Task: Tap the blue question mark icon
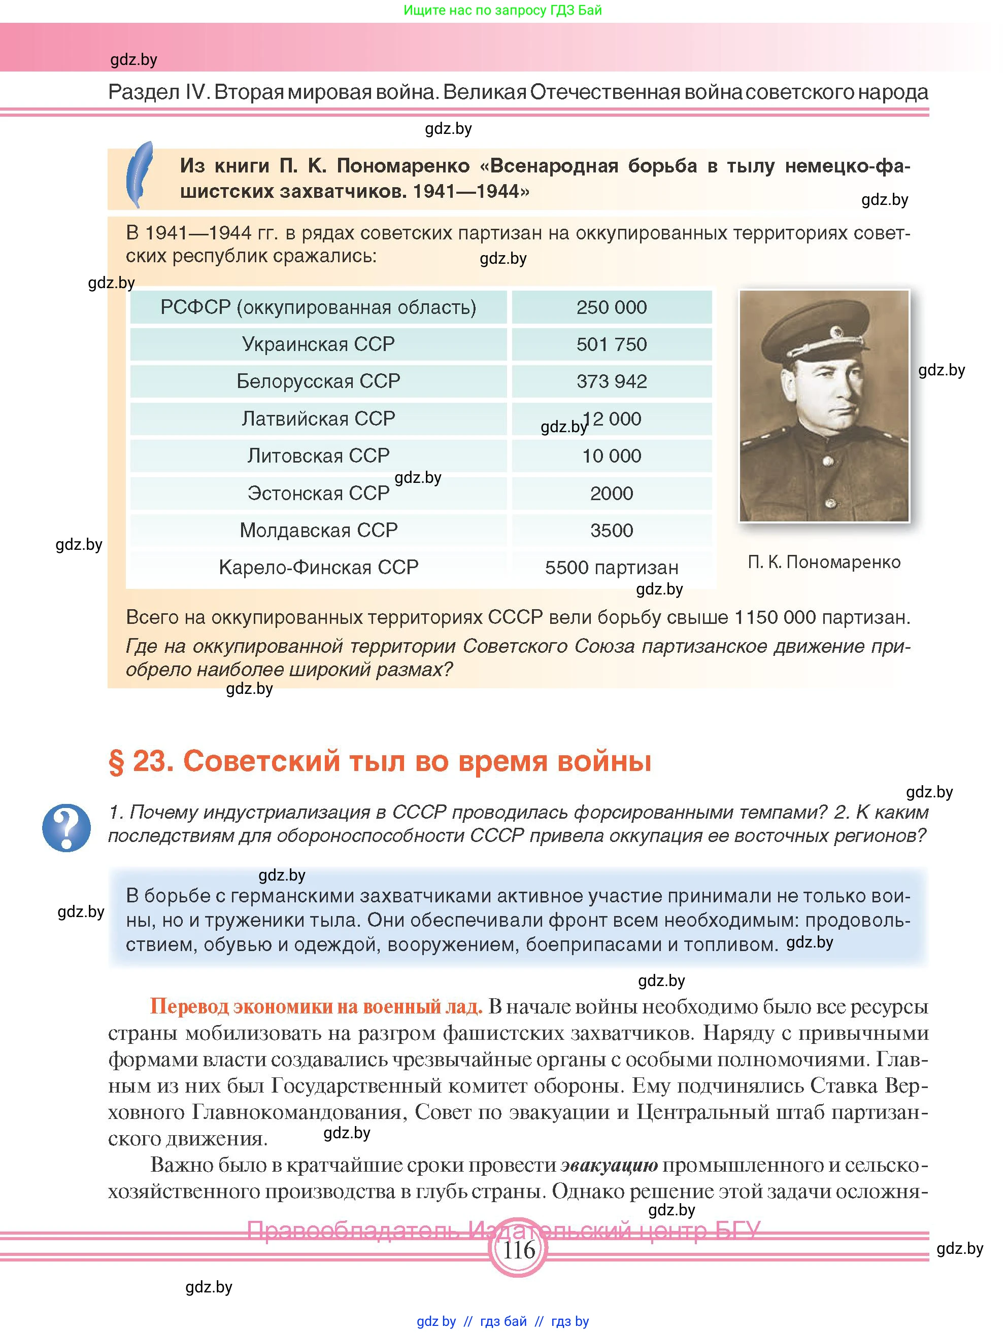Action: pos(66,827)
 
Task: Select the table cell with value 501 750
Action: pos(611,344)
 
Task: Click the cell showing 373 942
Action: pos(611,381)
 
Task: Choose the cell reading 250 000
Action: pos(611,307)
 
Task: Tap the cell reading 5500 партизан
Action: pos(611,568)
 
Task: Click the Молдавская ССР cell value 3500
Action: pos(611,530)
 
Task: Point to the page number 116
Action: pos(518,1250)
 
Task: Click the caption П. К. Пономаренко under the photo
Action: pos(824,562)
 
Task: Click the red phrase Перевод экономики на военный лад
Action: pos(316,1006)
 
